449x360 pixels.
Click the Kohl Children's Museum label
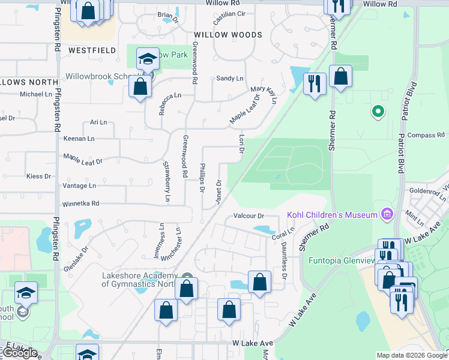tap(331, 215)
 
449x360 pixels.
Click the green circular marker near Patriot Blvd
tap(378, 111)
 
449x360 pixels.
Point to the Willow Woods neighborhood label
tap(228, 35)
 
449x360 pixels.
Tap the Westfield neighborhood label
tap(92, 51)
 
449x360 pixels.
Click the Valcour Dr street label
tap(249, 216)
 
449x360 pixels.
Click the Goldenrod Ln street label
tap(426, 191)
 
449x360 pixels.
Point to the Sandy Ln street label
tap(230, 79)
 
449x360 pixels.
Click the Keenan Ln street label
tap(79, 139)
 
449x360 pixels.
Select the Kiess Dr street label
tap(38, 176)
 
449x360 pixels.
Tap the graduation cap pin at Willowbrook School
tap(146, 59)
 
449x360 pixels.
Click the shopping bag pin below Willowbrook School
tap(140, 87)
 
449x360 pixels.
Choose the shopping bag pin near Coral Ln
tap(259, 282)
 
